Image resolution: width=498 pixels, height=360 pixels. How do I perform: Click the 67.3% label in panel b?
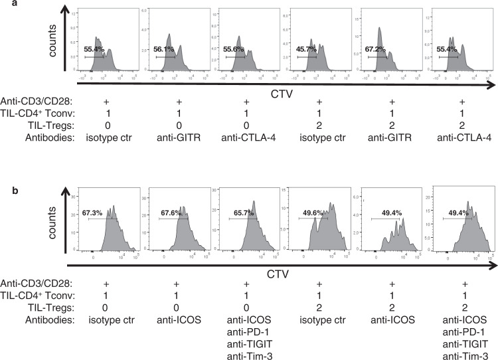[x=94, y=213]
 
